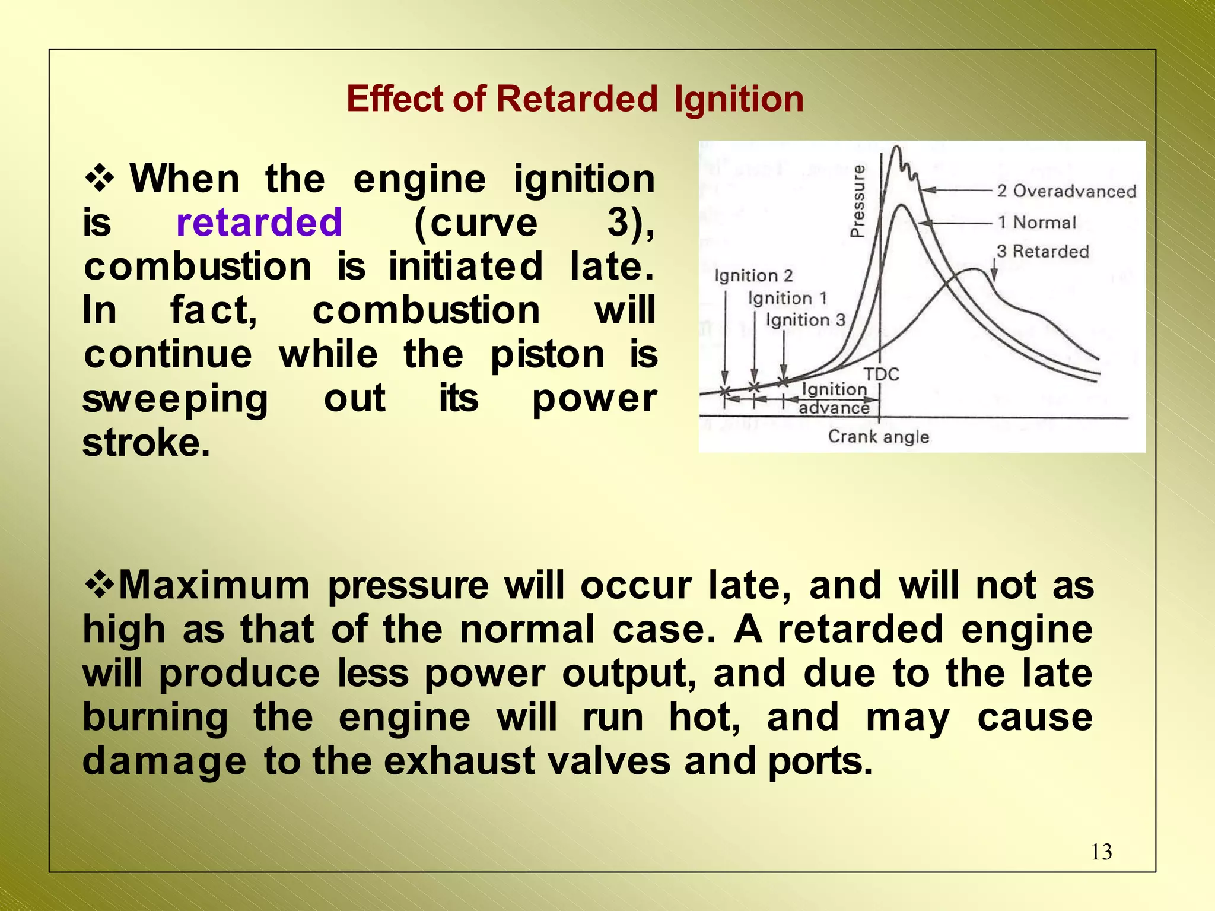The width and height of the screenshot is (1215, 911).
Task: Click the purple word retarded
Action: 259,223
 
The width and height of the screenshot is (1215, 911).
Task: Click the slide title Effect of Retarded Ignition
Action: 575,99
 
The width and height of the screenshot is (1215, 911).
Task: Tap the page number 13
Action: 1101,852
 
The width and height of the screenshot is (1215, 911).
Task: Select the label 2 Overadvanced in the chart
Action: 1066,191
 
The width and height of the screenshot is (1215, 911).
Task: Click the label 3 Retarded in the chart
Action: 1042,252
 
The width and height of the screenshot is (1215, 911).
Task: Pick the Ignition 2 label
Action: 753,275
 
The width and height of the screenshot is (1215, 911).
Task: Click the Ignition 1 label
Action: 787,298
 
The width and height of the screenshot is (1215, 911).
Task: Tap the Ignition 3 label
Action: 804,320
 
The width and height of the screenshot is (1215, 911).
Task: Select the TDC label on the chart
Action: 881,374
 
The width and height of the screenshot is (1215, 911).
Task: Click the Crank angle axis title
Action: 878,437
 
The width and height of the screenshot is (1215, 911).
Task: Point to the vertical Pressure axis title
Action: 857,201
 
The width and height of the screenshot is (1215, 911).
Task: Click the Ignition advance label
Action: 834,398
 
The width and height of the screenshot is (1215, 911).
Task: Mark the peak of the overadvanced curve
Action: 896,147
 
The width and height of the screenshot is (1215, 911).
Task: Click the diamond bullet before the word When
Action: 100,179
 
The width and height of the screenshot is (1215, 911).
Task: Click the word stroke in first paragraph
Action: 145,443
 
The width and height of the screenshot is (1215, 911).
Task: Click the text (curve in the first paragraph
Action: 475,223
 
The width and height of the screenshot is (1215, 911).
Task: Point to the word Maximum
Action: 214,585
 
